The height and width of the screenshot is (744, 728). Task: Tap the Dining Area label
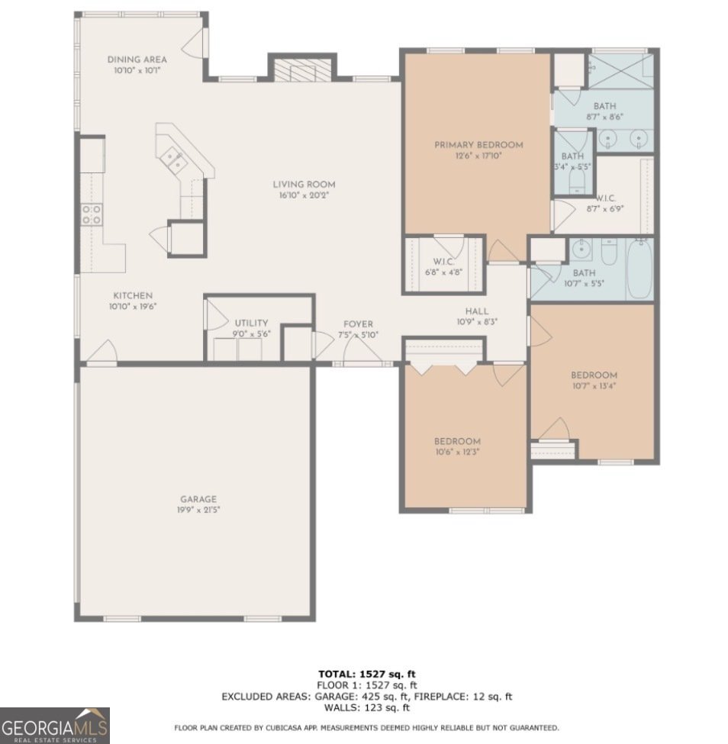pos(137,60)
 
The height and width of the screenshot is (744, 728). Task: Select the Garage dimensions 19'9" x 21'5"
pos(198,510)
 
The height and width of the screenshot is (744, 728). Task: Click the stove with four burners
pos(92,214)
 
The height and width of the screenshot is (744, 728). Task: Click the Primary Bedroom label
pos(478,145)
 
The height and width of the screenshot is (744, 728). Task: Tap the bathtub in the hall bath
pos(639,269)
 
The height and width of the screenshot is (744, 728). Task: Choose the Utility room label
pos(251,323)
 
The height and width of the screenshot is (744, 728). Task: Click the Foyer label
pos(358,324)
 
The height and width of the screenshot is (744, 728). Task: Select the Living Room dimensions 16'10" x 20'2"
pos(304,195)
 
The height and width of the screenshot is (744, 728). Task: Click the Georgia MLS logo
pos(55,726)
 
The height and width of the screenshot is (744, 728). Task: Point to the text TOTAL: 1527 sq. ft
pos(366,674)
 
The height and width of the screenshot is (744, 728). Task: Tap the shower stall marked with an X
pos(620,70)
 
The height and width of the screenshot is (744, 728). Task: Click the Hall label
pos(477,311)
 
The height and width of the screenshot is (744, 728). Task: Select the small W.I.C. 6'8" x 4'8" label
pos(443,267)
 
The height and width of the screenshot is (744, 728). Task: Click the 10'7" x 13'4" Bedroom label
pos(594,380)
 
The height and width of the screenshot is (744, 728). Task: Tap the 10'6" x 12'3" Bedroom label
pos(458,446)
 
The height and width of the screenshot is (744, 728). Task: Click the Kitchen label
pos(133,295)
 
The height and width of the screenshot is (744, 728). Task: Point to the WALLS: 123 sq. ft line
pos(366,708)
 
